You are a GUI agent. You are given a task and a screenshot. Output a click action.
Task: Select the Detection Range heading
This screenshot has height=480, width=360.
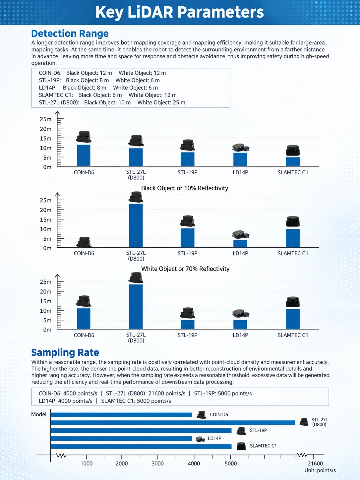point(70,33)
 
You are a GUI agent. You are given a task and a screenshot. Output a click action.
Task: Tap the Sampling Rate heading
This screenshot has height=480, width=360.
point(65,352)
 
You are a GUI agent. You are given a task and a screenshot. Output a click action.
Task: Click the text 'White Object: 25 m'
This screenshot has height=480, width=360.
point(161,102)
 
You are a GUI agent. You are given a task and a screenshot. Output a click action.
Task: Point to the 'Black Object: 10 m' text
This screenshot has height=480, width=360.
point(107,102)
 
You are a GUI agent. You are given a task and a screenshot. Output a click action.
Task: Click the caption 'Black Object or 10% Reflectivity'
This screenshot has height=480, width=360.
point(185,188)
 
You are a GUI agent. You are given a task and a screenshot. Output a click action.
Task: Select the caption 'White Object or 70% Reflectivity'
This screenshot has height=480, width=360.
point(185,269)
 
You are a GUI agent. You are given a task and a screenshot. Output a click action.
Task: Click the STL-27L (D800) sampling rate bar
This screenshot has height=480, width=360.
point(173,423)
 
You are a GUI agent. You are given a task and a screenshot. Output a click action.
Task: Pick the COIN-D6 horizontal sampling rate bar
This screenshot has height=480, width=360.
point(121,415)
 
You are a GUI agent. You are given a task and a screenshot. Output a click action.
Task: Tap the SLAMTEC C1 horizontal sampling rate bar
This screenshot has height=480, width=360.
point(141,446)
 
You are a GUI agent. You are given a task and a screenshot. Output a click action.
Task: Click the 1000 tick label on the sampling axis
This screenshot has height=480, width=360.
point(87,463)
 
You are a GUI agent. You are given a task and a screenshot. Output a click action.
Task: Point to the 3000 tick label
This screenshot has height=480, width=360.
point(157,463)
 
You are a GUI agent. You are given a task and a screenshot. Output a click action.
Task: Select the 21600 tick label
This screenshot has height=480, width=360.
point(315,463)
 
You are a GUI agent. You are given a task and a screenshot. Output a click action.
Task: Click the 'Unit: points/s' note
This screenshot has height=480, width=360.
point(320,470)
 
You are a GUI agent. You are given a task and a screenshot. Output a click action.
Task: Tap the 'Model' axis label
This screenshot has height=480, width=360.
point(39,414)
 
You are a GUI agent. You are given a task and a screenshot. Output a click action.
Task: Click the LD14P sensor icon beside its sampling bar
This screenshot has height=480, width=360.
point(200,439)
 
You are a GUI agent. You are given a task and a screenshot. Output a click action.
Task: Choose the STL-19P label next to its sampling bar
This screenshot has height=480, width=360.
point(258,430)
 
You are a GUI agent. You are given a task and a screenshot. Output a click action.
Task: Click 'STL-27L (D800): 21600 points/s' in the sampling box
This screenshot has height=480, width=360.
point(146,393)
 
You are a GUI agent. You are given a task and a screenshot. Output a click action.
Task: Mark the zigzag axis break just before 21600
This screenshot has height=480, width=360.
point(302,455)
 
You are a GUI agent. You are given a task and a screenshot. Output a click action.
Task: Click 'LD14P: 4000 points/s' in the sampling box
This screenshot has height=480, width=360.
point(65,401)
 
